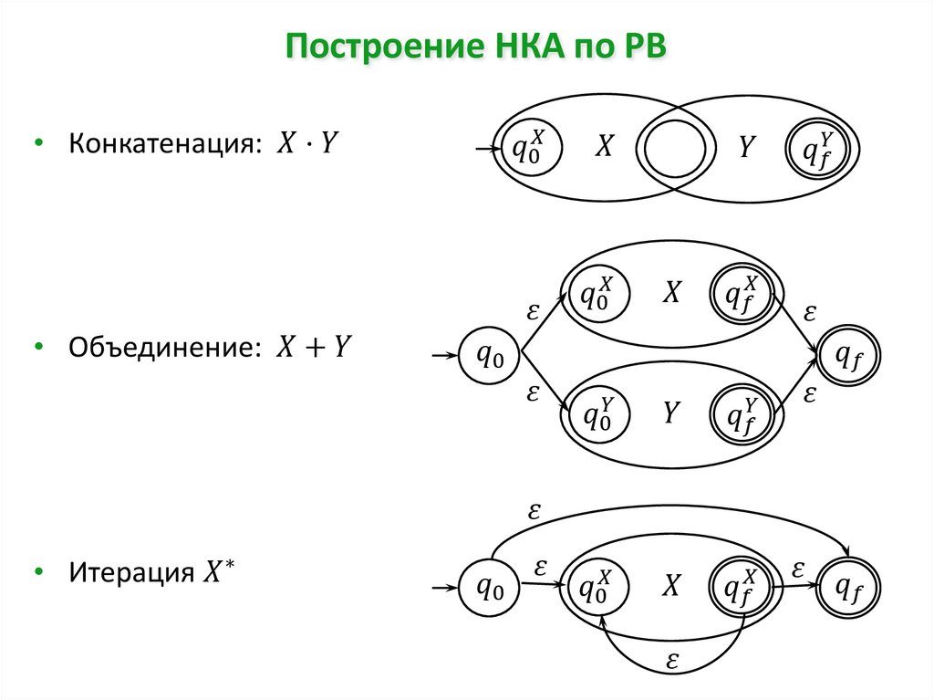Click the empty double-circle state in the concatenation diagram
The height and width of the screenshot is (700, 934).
pos(676,146)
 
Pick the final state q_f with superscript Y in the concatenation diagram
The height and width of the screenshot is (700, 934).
pos(818,146)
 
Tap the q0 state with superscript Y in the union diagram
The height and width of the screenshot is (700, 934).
pos(597,413)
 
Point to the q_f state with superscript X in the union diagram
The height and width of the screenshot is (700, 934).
pos(742,291)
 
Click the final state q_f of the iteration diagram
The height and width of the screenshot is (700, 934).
pos(848,590)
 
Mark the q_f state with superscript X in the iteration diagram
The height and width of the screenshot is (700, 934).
pos(742,589)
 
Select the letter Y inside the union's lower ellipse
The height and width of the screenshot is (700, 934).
pos(670,413)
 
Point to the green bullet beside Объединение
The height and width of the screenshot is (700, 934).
pos(38,348)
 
